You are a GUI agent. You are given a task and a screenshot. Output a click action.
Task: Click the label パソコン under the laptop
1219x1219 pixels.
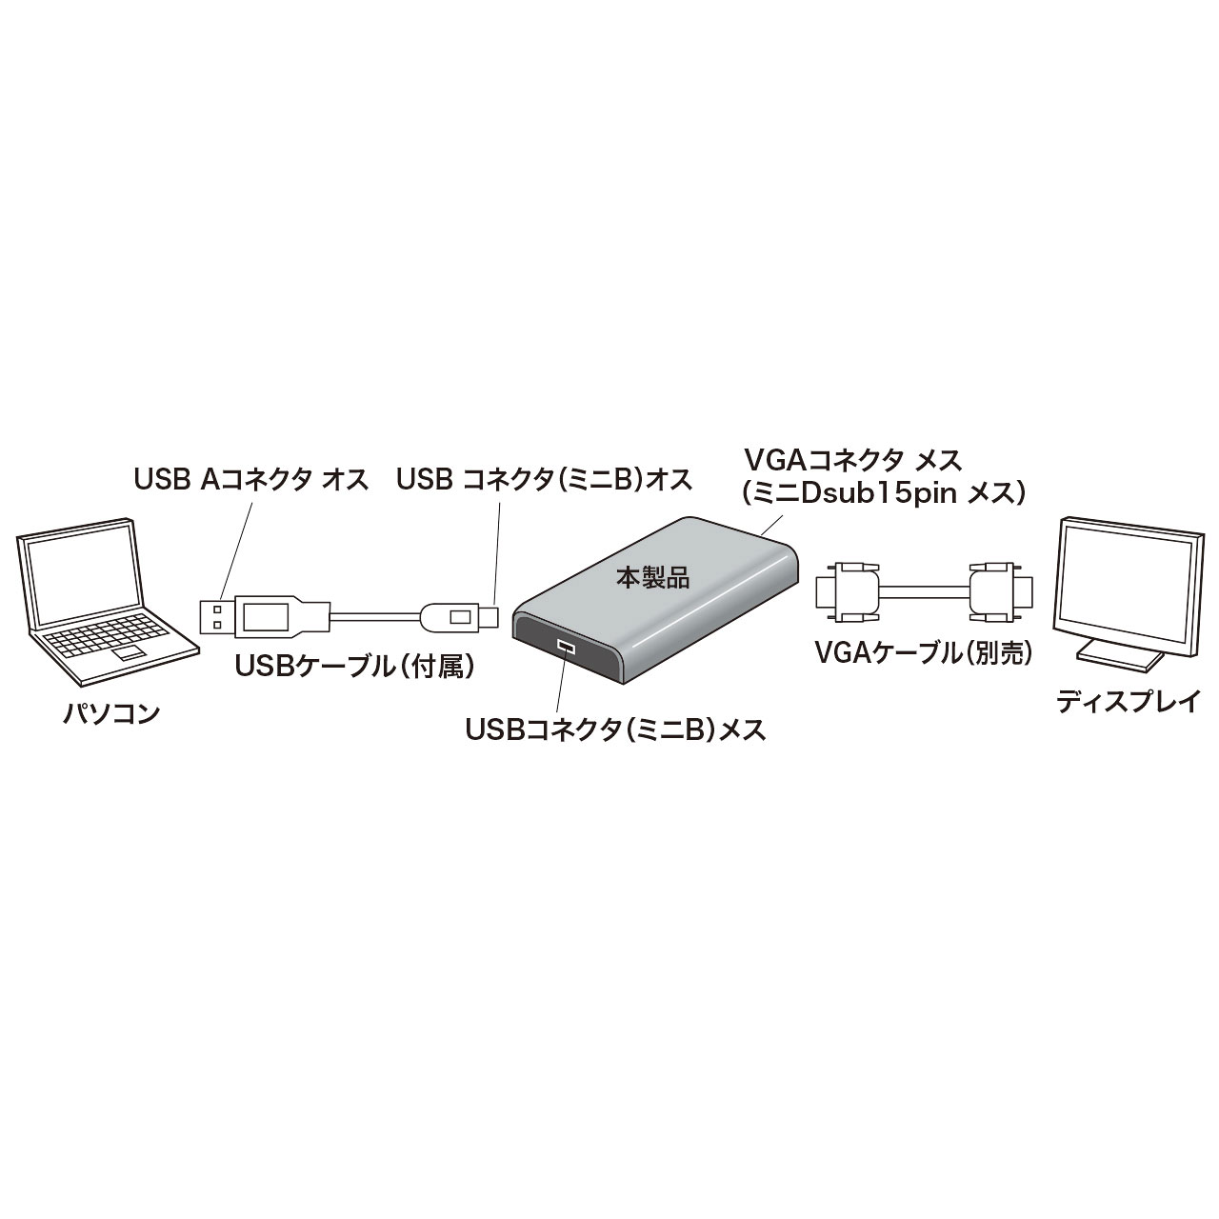(x=110, y=712)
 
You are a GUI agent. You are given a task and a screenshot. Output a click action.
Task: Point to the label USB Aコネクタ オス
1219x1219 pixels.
(x=250, y=479)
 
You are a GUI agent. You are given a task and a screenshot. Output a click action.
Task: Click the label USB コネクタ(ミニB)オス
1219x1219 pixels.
(x=544, y=479)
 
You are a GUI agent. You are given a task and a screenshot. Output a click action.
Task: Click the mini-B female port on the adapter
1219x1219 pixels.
(x=567, y=649)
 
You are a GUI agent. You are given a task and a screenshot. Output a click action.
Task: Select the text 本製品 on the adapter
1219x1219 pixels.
(x=652, y=576)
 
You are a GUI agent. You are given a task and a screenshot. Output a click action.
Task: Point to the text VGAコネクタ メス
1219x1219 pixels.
(x=853, y=461)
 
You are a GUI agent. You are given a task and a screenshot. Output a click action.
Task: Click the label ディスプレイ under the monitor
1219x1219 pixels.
(x=1129, y=703)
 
